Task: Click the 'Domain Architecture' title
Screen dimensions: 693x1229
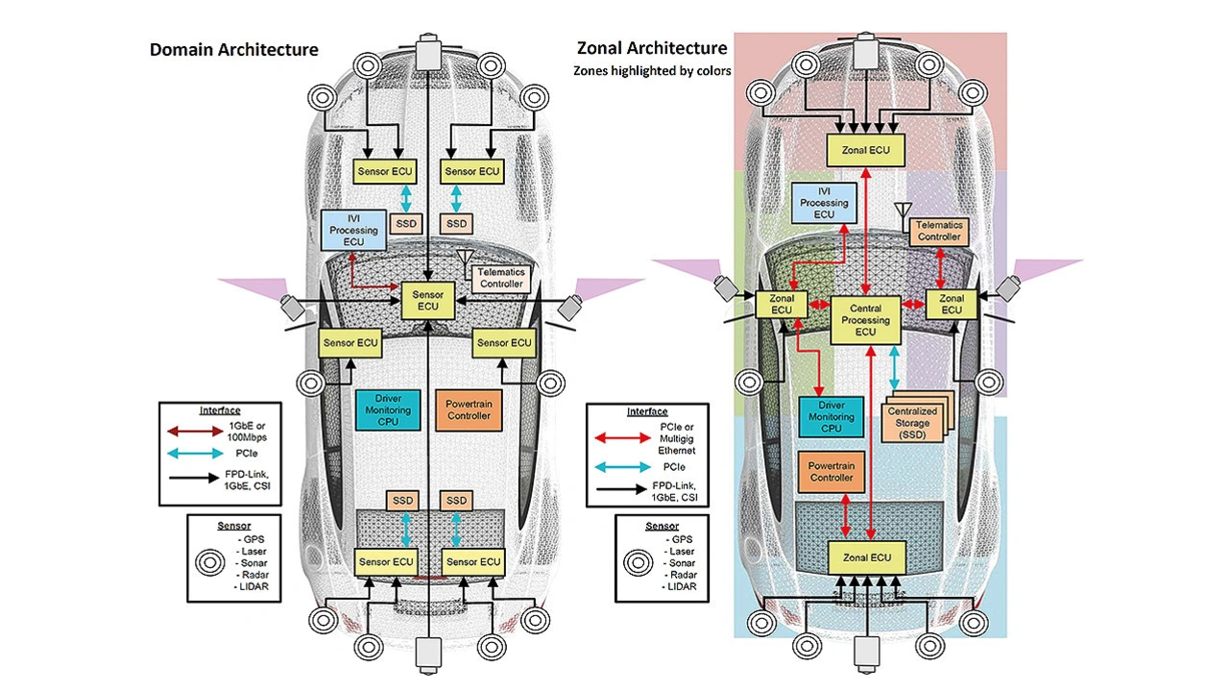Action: pos(233,49)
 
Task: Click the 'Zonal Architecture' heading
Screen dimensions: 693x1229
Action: pos(651,47)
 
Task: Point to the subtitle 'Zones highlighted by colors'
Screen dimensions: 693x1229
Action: pos(652,70)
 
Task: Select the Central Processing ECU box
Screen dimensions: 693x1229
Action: pos(866,320)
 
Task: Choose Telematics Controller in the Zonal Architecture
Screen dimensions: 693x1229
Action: pos(938,231)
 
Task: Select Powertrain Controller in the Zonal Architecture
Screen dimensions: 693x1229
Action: pos(831,472)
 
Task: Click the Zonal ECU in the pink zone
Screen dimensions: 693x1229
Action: pos(866,150)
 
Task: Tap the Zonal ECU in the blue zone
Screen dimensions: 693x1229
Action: pos(866,557)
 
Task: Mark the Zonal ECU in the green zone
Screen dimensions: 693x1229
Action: pos(782,304)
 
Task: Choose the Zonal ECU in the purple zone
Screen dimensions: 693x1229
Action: pos(951,304)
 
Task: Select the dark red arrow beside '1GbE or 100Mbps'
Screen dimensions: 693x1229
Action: pos(190,432)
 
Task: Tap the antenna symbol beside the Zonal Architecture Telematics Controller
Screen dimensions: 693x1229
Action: pos(901,210)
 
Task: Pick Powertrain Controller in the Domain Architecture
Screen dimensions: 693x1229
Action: pos(470,410)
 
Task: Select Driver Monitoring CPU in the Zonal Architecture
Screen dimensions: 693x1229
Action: pos(831,416)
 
